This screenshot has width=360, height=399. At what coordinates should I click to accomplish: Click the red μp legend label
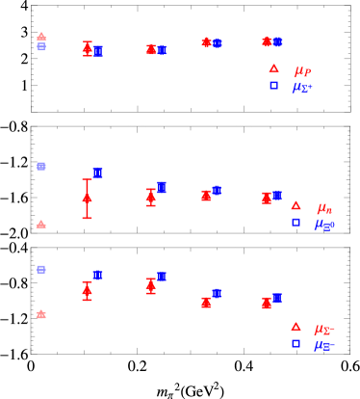point(302,69)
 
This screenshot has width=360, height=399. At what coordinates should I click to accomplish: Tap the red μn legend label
point(324,206)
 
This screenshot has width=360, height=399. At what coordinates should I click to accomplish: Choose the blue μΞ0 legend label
point(325,224)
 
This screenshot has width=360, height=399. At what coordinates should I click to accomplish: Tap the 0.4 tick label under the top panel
point(244,124)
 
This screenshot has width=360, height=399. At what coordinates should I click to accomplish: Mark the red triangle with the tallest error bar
point(88,198)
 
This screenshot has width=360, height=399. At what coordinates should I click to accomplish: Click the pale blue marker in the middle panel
point(41,167)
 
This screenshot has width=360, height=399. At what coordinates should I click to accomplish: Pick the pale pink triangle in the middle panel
point(41,224)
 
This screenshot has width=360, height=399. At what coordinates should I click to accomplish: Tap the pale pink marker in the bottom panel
point(41,314)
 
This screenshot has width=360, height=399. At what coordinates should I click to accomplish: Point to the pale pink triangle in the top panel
point(41,37)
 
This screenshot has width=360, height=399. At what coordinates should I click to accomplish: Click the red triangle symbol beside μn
point(296,205)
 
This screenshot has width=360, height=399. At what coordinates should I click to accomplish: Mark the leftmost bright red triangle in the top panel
point(88,47)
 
